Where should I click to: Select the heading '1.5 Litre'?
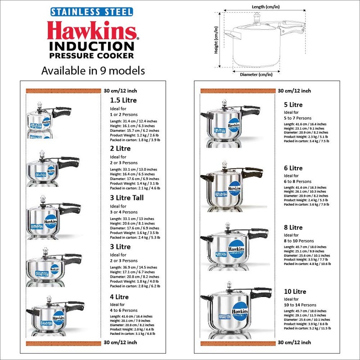[124, 100]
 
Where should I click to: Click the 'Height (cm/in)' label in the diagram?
[216, 39]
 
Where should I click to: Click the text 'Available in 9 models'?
[93, 71]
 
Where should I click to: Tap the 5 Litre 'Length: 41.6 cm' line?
[306, 124]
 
